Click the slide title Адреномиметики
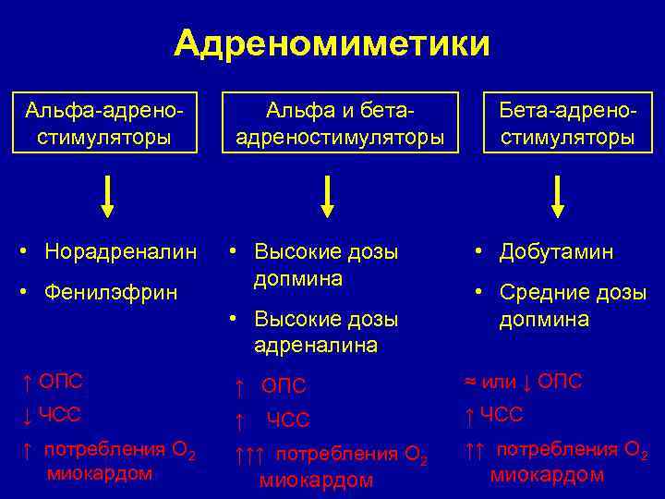[x=332, y=43]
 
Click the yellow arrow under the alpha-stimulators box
[x=107, y=195]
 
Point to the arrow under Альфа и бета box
[x=327, y=195]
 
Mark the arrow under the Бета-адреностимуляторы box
[x=558, y=195]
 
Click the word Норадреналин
[x=121, y=251]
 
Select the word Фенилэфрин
[x=112, y=294]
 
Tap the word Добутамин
[x=556, y=252]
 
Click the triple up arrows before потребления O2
[x=249, y=455]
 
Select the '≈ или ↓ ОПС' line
[x=522, y=381]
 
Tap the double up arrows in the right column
[x=475, y=450]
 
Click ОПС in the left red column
[x=61, y=381]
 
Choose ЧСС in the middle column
[x=288, y=421]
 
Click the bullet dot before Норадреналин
[x=31, y=250]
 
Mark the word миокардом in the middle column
[x=316, y=481]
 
